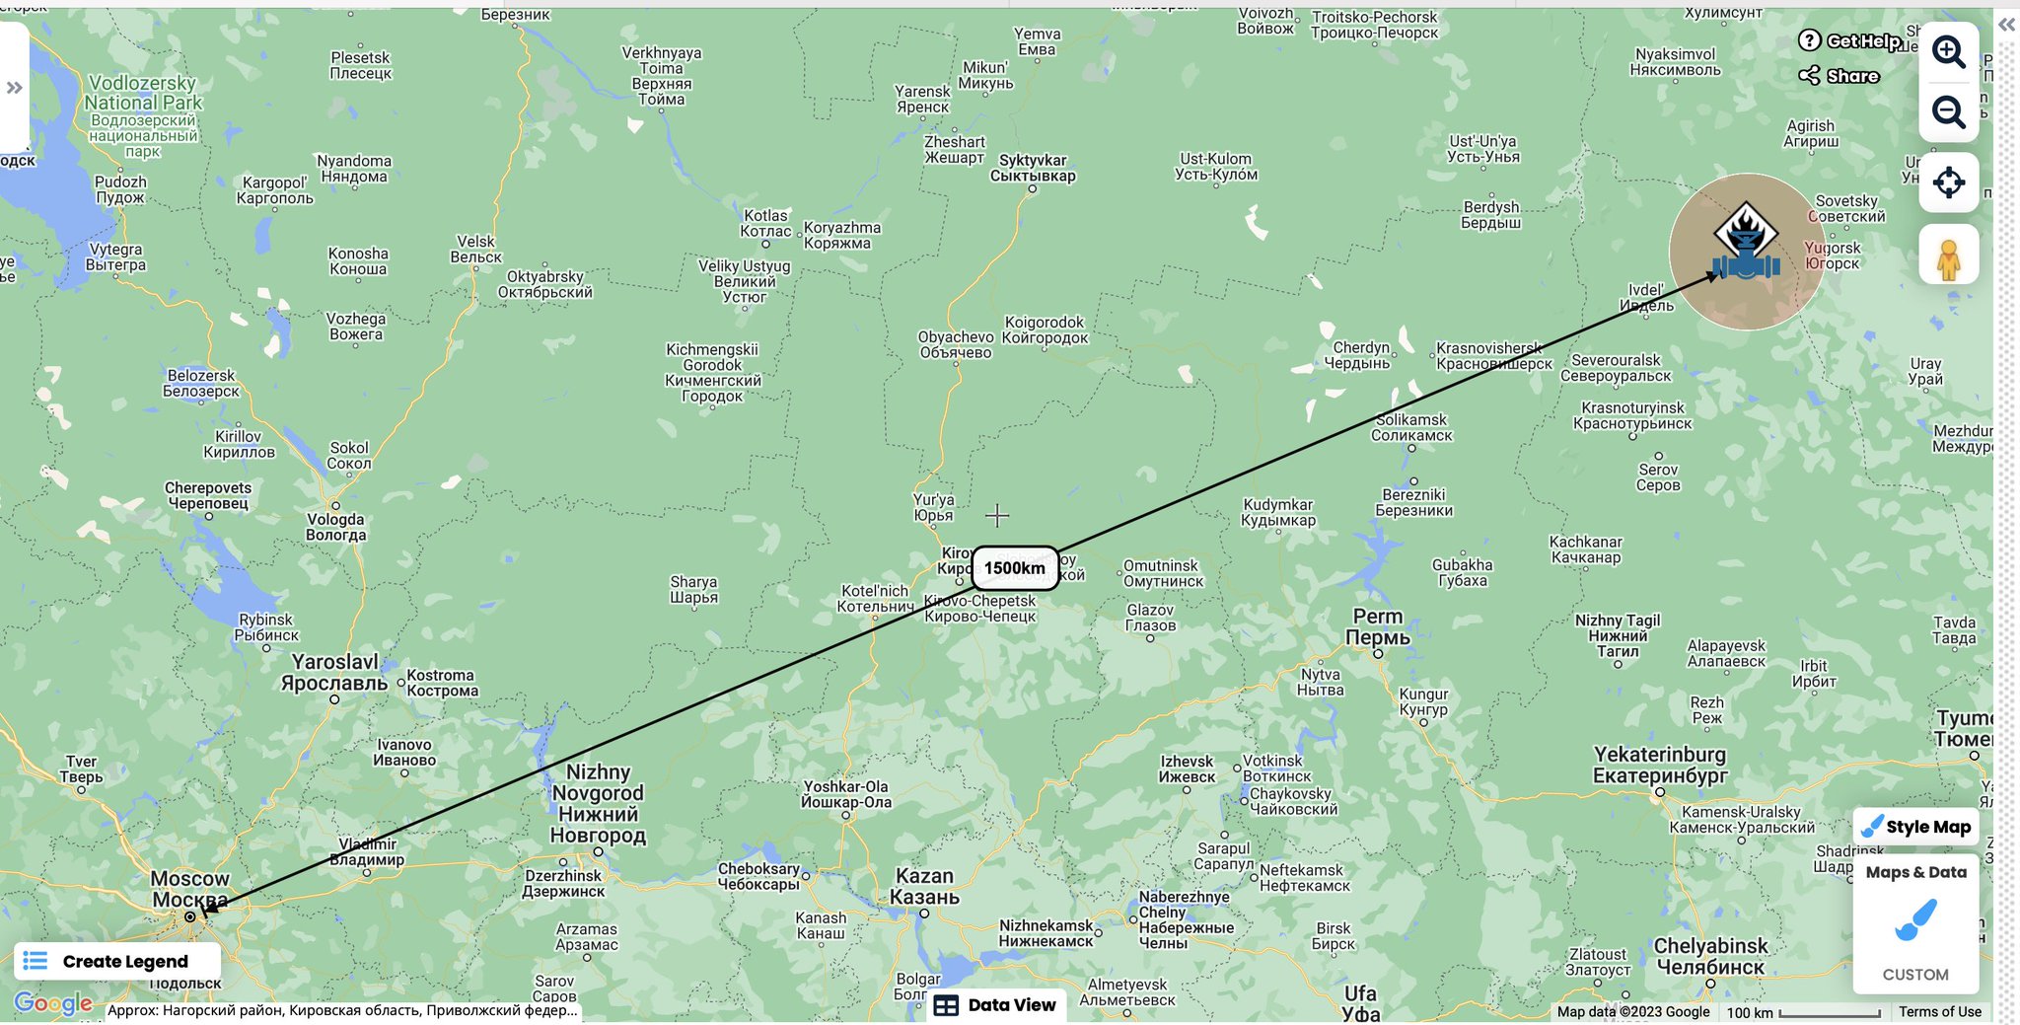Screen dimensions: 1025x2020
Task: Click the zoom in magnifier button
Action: tap(1948, 51)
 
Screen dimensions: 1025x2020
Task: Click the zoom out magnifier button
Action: tap(1948, 112)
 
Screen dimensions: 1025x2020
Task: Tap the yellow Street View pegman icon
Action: tap(1948, 256)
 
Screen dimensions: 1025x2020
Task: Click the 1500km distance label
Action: tap(1015, 568)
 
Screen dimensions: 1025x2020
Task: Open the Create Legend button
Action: tap(117, 961)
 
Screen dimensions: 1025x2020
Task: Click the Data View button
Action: tap(995, 1004)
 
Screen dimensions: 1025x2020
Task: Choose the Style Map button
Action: tap(1915, 827)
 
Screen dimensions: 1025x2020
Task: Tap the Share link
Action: tap(1840, 76)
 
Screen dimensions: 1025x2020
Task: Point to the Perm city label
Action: tap(1378, 627)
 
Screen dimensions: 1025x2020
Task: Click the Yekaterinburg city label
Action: tap(1660, 765)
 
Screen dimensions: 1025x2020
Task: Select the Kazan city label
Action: tap(924, 886)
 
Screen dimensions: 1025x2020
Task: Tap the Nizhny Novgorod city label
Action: tap(598, 803)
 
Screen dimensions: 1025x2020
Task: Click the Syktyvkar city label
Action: tap(1033, 168)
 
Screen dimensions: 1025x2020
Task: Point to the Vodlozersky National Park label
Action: tap(143, 93)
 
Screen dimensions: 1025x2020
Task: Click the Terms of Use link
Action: tap(1939, 1011)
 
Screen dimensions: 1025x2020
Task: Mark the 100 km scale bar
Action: tap(1830, 1013)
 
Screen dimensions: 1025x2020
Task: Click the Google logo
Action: tap(53, 1004)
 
